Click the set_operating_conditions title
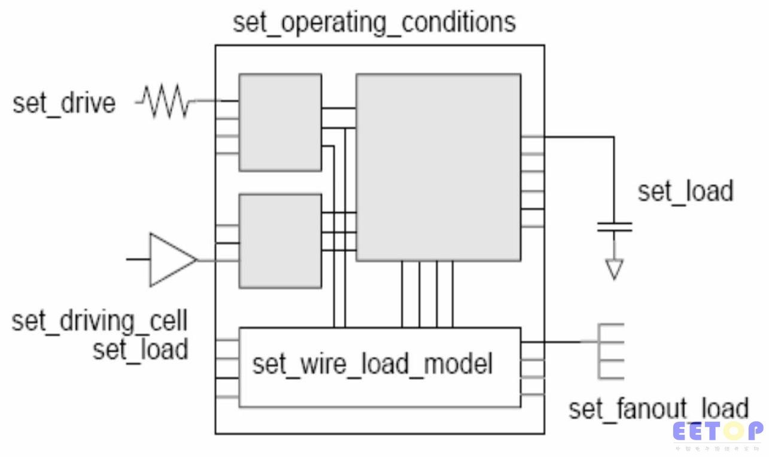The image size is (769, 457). [374, 23]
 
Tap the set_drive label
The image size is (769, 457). [64, 103]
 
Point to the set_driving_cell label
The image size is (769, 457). [99, 321]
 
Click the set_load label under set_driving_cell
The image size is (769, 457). [140, 349]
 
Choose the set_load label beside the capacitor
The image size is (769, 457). [685, 191]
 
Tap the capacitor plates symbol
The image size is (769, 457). [614, 227]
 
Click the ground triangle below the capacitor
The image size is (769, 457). [614, 269]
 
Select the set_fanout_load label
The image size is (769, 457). [658, 409]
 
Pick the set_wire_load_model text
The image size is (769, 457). [372, 364]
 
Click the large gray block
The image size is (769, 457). [438, 167]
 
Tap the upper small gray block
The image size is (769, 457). [280, 122]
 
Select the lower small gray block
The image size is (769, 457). [280, 240]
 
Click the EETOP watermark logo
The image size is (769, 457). [718, 431]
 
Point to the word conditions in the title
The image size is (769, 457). [458, 23]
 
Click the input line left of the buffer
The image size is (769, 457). [138, 260]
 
